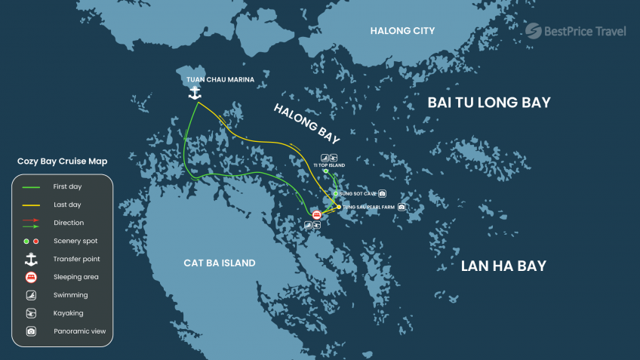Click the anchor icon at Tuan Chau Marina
195,93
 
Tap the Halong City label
402,31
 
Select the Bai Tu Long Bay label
489,103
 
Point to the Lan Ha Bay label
503,266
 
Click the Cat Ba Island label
220,263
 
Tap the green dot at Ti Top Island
326,171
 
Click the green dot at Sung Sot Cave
336,193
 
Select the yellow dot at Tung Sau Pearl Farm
339,206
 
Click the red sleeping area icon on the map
315,215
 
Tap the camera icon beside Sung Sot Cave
383,193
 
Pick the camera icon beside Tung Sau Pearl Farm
402,206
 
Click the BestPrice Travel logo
576,31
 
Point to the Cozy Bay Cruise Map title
62,162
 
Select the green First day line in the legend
31,186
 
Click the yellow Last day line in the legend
31,205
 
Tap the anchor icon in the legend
31,259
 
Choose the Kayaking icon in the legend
31,313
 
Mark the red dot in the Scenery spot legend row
36,241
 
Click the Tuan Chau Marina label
220,78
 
